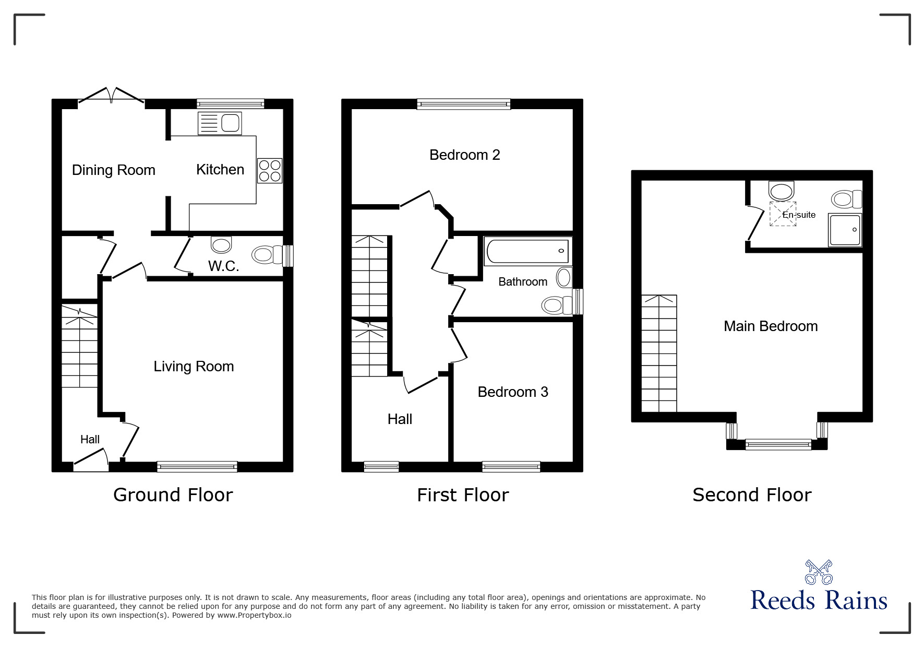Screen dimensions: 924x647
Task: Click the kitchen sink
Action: tap(220, 123)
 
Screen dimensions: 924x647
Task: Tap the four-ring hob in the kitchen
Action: tap(270, 171)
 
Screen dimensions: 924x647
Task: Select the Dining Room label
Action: tap(114, 170)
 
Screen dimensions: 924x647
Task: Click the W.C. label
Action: tap(224, 266)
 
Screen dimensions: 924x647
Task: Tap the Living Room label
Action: tap(194, 367)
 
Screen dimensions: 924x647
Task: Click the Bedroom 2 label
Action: tap(465, 155)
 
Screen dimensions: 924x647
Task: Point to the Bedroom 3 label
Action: tap(513, 392)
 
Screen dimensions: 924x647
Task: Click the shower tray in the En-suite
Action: tap(845, 230)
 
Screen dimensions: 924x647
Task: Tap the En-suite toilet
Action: tap(847, 199)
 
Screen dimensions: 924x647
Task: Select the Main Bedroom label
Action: tap(771, 326)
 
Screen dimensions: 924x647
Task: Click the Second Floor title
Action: tap(752, 495)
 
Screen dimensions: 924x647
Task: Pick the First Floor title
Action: tap(463, 495)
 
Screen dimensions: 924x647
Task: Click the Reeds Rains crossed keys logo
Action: tap(819, 572)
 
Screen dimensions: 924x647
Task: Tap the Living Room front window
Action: tap(197, 467)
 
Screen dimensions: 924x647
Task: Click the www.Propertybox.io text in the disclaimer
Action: tap(254, 615)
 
